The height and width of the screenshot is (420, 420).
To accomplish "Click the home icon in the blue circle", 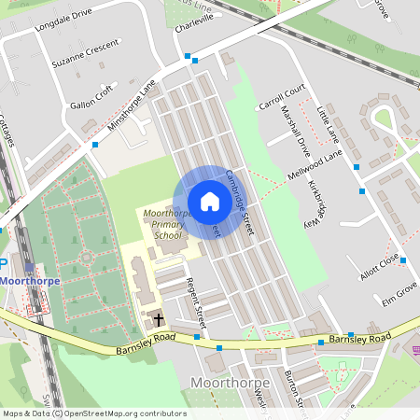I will coord(209,202).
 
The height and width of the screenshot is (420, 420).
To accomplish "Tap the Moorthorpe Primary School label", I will coord(167,225).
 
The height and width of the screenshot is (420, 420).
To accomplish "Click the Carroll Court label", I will coord(283,94).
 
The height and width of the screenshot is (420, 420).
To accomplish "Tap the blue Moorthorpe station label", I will coord(33,279).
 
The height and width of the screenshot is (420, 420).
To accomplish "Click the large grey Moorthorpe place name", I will coord(229,383).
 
